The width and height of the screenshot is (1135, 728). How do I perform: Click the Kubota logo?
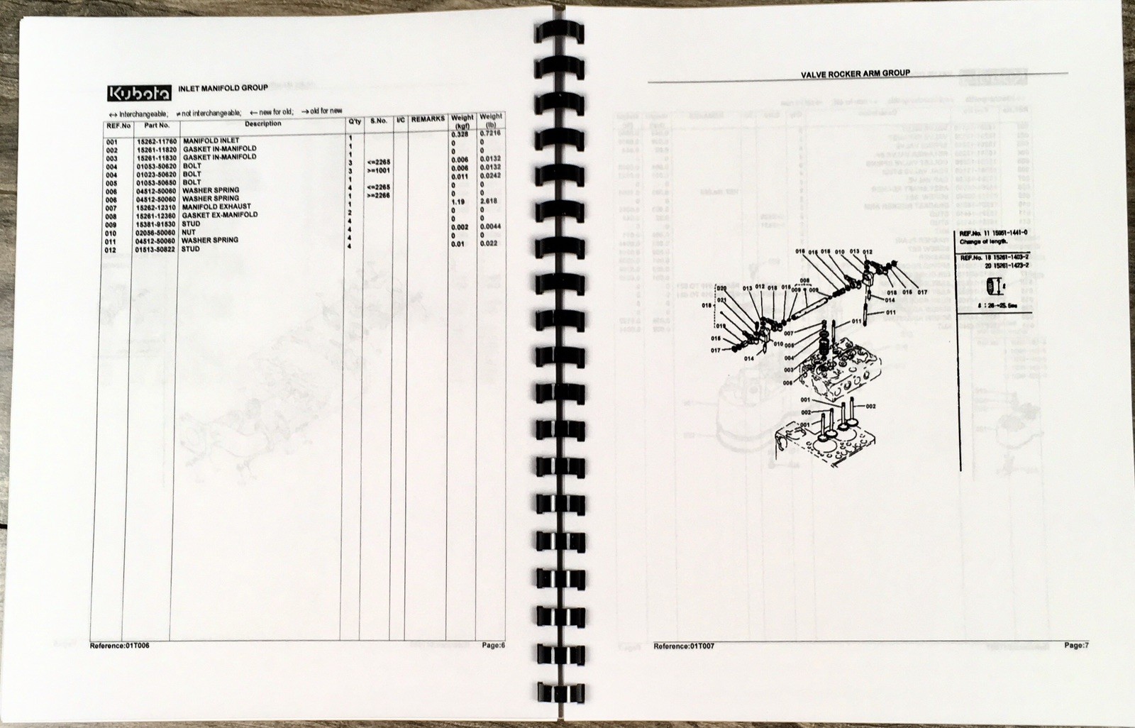[139, 93]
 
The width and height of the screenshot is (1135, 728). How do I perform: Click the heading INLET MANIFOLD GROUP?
[223, 88]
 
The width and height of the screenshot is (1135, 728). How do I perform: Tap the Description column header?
[262, 124]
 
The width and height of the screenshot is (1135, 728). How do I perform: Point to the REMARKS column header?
[428, 119]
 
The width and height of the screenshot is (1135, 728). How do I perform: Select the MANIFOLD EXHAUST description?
[216, 206]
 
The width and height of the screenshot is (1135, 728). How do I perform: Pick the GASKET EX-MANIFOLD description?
[220, 215]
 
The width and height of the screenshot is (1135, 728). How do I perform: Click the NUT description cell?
[189, 232]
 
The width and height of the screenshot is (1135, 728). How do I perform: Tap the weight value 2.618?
[489, 202]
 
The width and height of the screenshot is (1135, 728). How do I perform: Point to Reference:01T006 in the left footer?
[120, 646]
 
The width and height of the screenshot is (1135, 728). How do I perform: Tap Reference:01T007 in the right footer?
[683, 646]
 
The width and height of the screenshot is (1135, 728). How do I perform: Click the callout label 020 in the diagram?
[721, 289]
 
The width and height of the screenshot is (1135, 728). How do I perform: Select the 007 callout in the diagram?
[788, 333]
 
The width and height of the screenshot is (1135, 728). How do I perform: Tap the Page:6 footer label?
[493, 646]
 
